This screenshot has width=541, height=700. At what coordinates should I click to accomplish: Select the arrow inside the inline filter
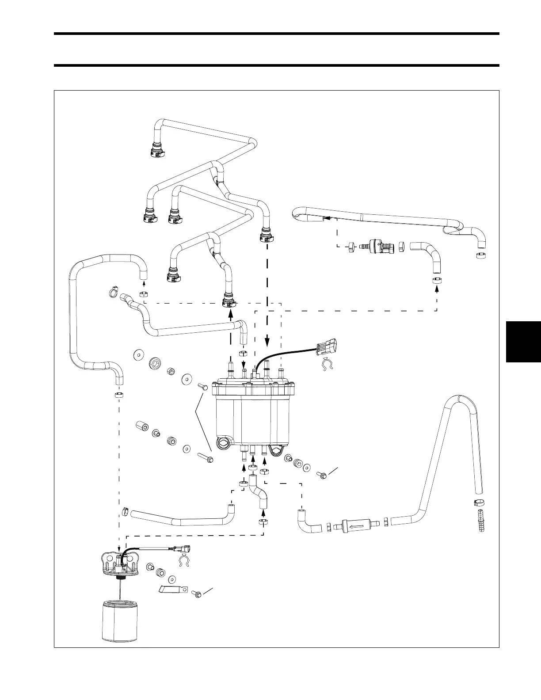354,527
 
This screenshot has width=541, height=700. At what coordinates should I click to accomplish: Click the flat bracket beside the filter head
174,589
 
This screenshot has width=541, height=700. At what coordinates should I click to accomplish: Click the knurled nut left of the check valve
351,247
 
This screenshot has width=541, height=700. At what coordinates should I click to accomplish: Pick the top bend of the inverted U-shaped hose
460,400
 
